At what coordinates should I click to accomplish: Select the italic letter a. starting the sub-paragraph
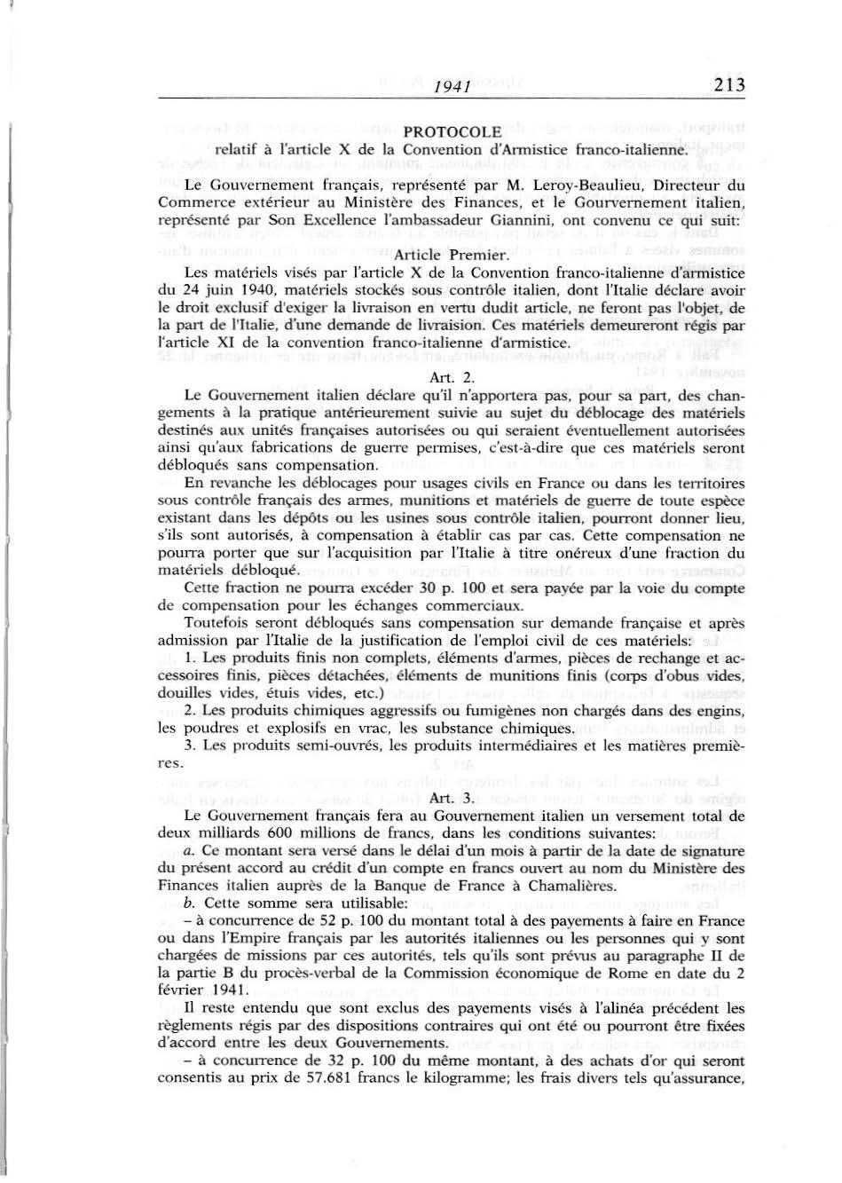[189, 851]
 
